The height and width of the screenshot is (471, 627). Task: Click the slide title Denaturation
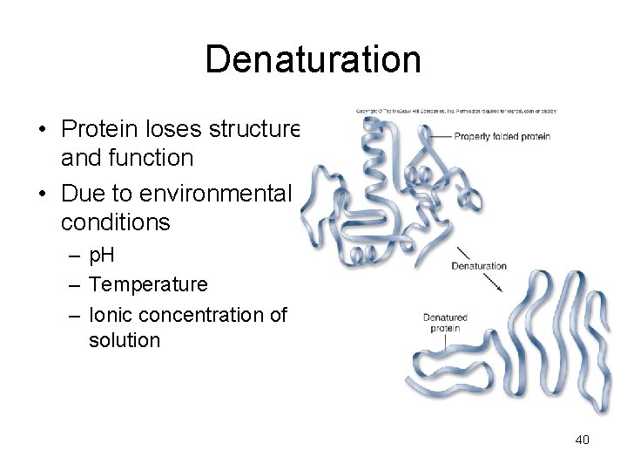[x=313, y=59]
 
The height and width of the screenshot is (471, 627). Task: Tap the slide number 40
[x=582, y=440]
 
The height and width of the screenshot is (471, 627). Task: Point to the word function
[x=157, y=158]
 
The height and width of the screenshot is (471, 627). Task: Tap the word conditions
[x=116, y=222]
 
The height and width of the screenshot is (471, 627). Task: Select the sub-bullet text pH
[x=103, y=256]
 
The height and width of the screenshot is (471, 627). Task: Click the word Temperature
[x=148, y=284]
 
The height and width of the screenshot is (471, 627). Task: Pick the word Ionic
[x=110, y=313]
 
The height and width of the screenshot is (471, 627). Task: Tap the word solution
[x=125, y=340]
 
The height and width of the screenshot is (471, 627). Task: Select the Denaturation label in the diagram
[x=478, y=265]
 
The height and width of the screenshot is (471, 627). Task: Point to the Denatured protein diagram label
[x=445, y=323]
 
